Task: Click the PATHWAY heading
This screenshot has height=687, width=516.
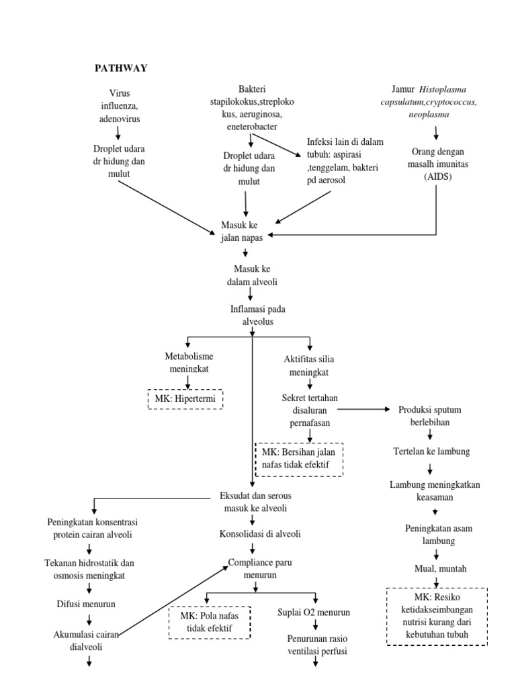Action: pos(120,68)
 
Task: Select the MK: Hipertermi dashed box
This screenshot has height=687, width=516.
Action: pos(184,399)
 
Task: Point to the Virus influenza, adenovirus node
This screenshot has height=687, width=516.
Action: pos(119,106)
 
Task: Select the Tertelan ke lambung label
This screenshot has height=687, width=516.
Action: pos(430,451)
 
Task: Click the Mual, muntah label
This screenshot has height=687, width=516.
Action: pos(440,568)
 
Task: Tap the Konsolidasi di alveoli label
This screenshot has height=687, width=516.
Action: pos(260,534)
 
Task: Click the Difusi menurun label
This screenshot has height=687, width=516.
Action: pos(85,604)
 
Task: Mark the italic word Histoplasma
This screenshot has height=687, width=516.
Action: pos(445,89)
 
